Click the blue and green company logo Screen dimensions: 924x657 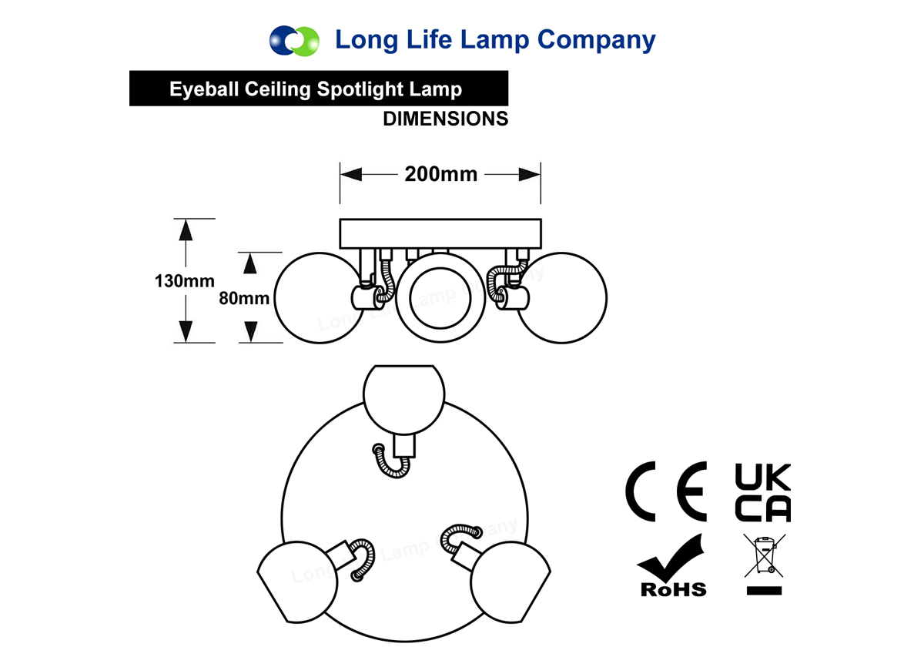(x=294, y=41)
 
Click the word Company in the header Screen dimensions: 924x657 (x=596, y=41)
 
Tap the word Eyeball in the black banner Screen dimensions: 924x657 (x=205, y=89)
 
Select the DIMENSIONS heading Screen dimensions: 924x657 (x=446, y=119)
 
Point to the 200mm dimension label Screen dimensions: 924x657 (x=441, y=174)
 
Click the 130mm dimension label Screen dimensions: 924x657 (x=184, y=281)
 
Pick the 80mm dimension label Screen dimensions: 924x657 (x=244, y=298)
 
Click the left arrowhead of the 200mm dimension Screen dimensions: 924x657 (x=351, y=174)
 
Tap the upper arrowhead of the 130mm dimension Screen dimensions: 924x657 (x=186, y=230)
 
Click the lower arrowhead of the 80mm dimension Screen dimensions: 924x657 (x=251, y=332)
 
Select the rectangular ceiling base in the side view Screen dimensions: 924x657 (x=440, y=233)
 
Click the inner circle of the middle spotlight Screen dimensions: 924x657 (x=440, y=298)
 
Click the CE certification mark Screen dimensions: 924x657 (x=666, y=491)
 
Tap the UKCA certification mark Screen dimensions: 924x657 (x=763, y=492)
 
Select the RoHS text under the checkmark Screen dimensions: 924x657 (x=674, y=590)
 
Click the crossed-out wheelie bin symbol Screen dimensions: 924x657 (x=765, y=555)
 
